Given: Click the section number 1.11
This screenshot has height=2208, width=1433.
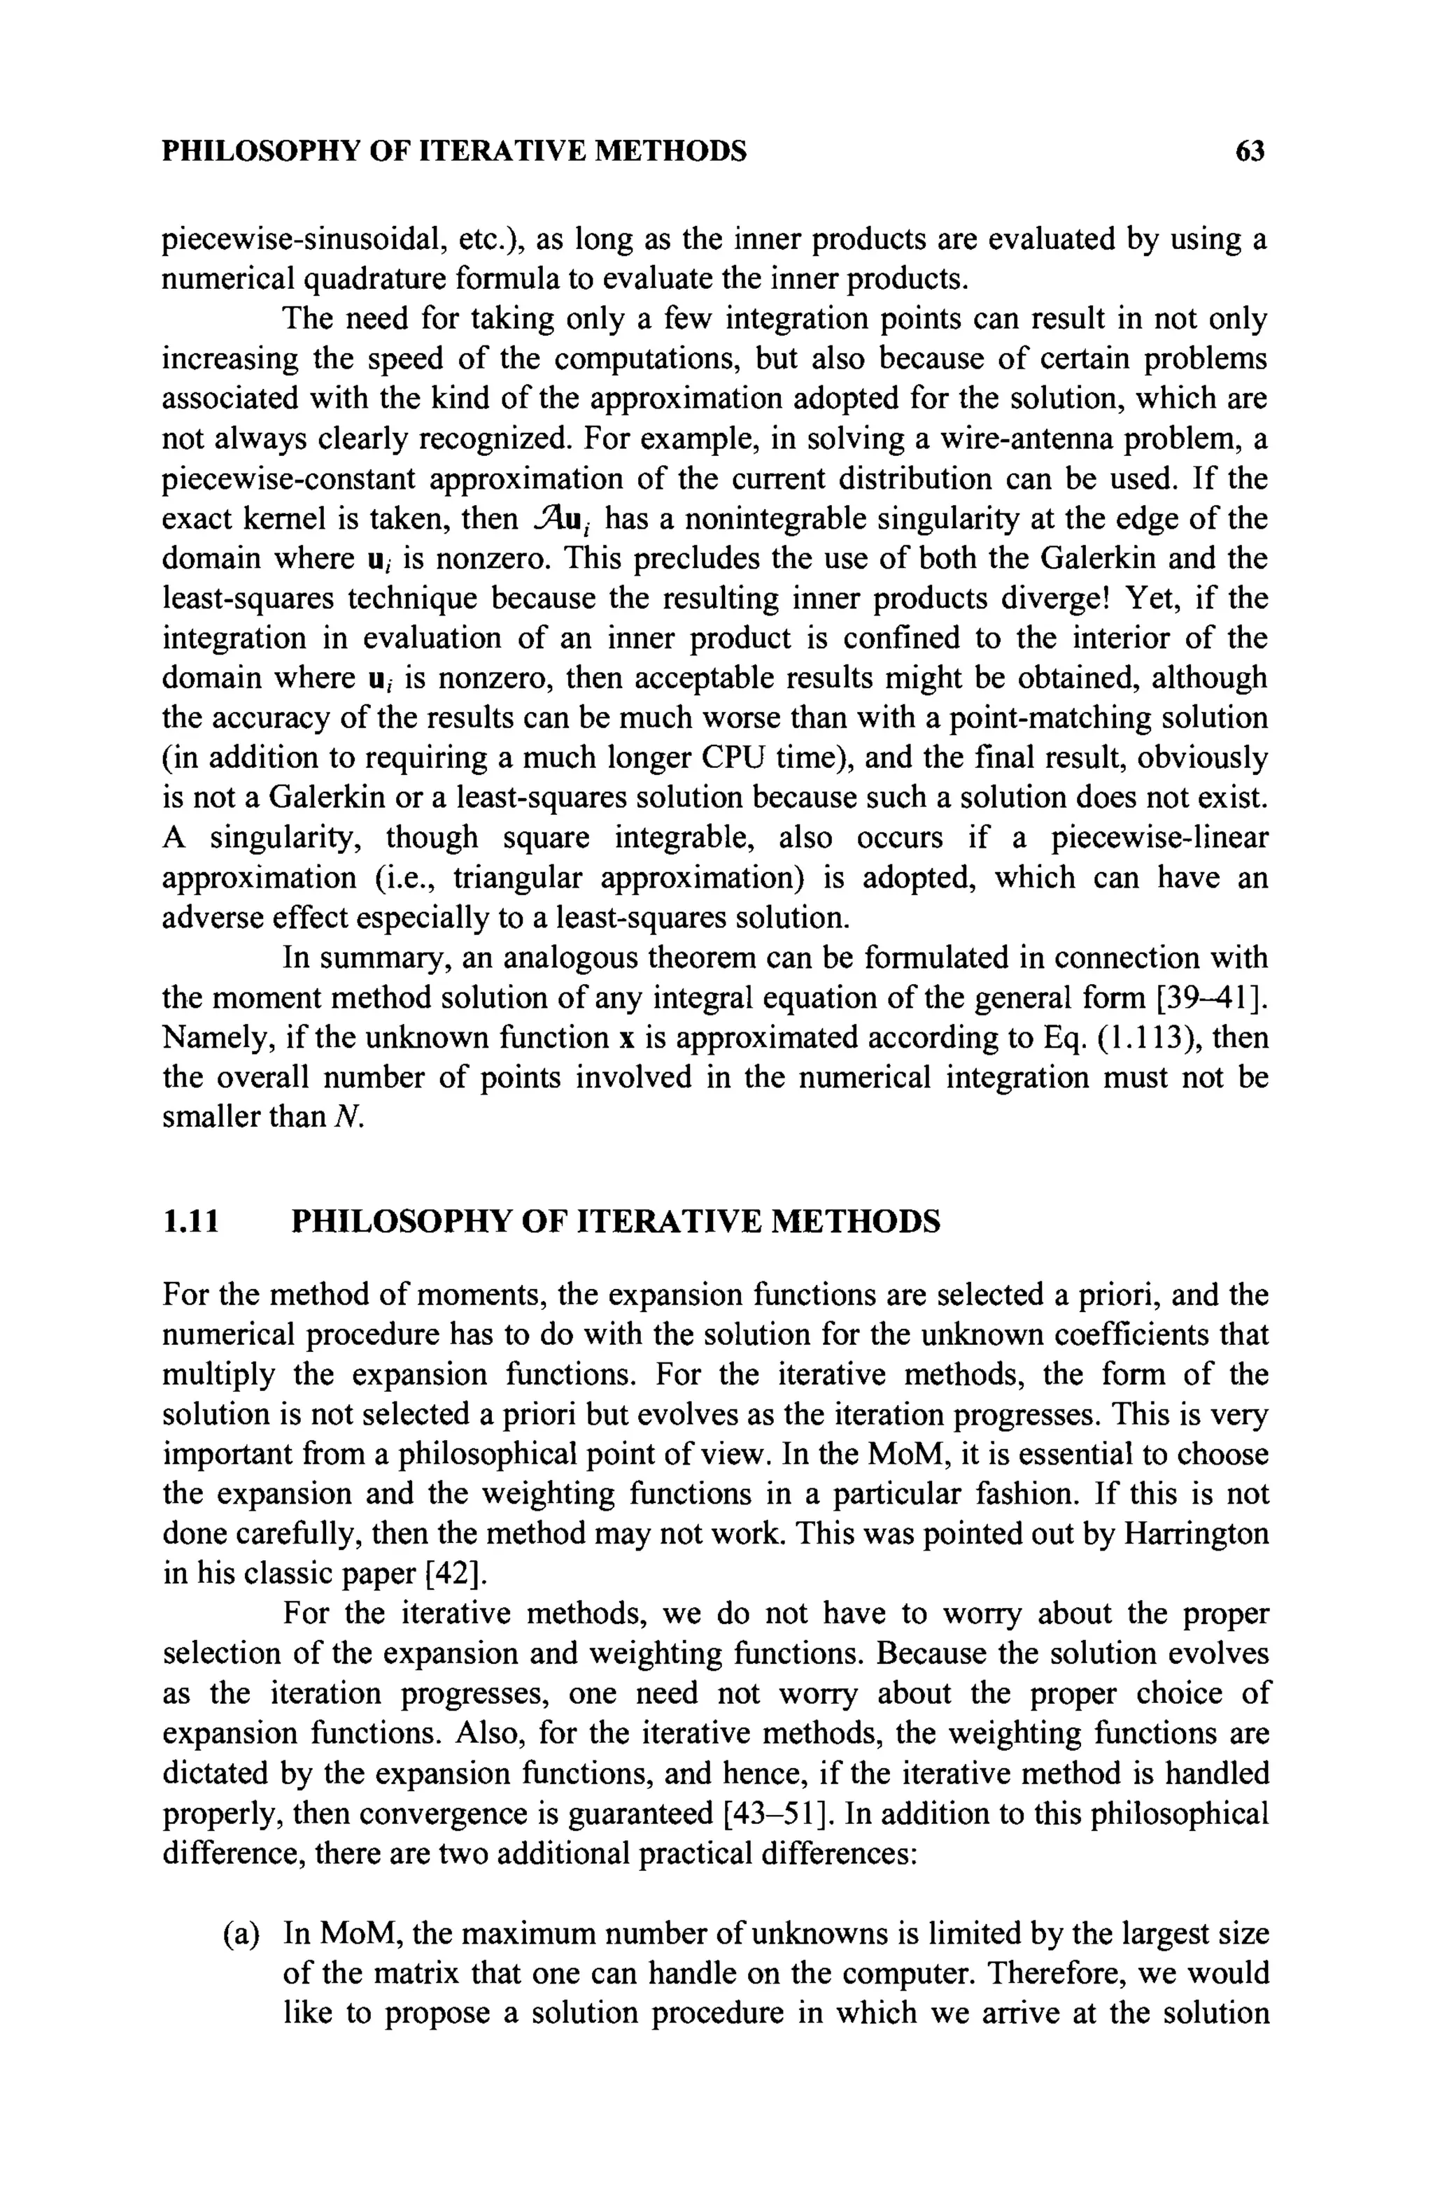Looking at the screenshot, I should pyautogui.click(x=190, y=1221).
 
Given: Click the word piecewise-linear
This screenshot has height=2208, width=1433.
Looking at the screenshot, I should pyautogui.click(x=1159, y=838).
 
